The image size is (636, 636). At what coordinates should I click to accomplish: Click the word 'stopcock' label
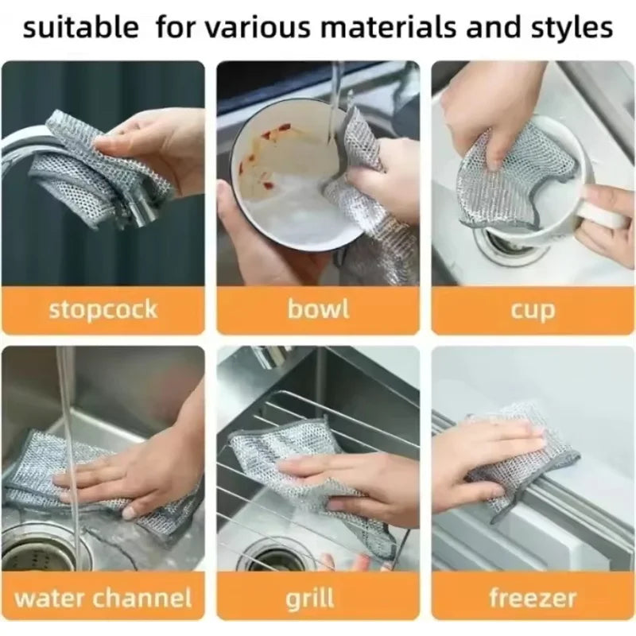tap(103, 308)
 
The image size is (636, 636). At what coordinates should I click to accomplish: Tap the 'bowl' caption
tap(318, 308)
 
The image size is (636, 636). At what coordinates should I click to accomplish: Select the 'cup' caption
tap(533, 310)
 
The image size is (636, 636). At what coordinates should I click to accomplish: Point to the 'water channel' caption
tap(103, 597)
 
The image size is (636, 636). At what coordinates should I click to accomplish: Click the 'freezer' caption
tap(533, 597)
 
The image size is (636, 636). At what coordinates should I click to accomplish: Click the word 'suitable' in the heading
tap(80, 28)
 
